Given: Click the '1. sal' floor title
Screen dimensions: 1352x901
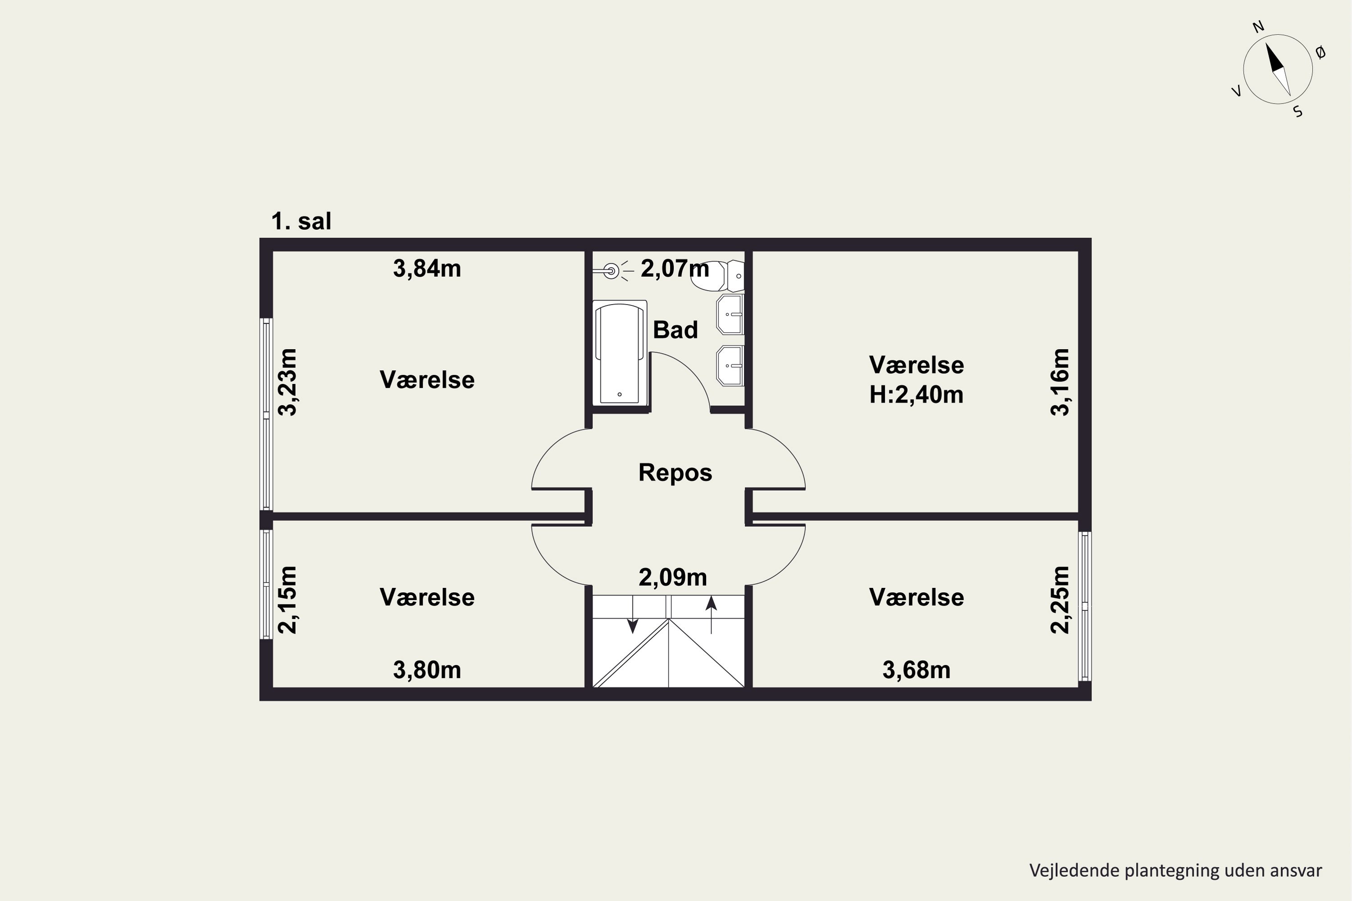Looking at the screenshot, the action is pos(301,221).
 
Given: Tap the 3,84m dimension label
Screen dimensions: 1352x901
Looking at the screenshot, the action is pos(427,269).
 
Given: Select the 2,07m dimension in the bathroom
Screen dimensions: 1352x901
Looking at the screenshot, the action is pos(675,268).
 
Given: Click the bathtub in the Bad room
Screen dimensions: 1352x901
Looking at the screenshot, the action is pos(620,352).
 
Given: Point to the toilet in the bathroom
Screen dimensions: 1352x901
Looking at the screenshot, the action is pos(717,276).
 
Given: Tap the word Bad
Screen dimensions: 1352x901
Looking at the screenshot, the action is pos(676,330).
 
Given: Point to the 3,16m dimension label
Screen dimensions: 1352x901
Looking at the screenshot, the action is pos(1060,382).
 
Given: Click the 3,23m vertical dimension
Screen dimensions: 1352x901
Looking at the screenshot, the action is pos(288,382).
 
